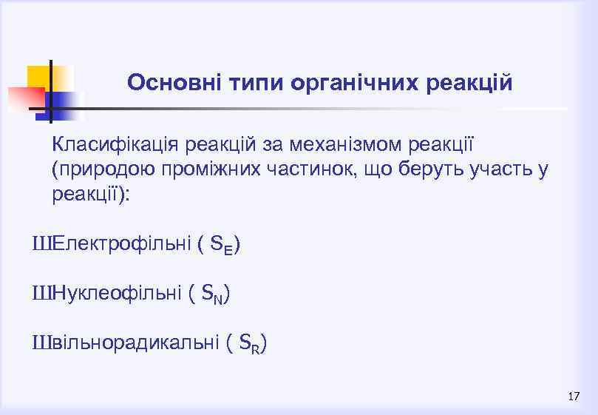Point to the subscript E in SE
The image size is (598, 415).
tap(228, 249)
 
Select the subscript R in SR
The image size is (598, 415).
tap(255, 348)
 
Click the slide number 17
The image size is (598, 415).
tap(574, 397)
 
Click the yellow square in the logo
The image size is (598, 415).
tap(38, 77)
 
